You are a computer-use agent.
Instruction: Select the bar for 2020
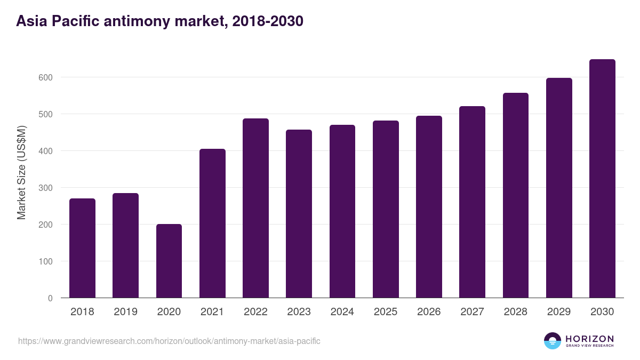pyautogui.click(x=169, y=261)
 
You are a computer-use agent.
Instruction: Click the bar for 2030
pyautogui.click(x=602, y=179)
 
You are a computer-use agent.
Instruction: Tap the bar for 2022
pyautogui.click(x=255, y=208)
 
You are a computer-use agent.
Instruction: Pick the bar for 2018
pyautogui.click(x=82, y=248)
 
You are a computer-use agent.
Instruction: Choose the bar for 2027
pyautogui.click(x=472, y=202)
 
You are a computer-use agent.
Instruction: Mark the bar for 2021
pyautogui.click(x=212, y=223)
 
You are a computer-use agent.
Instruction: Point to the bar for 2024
pyautogui.click(x=342, y=211)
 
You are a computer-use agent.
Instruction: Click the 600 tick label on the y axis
pyautogui.click(x=45, y=77)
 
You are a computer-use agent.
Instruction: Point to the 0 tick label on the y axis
pyautogui.click(x=50, y=298)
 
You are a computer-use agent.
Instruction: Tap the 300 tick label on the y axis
pyautogui.click(x=45, y=188)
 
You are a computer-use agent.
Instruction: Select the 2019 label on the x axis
pyautogui.click(x=125, y=312)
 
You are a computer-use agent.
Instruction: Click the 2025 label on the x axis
pyautogui.click(x=386, y=312)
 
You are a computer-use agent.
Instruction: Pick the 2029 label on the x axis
pyautogui.click(x=559, y=312)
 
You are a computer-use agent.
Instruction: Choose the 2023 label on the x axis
pyautogui.click(x=299, y=312)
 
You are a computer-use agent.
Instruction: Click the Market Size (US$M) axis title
pyautogui.click(x=21, y=173)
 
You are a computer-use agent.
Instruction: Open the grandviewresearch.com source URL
pyautogui.click(x=169, y=341)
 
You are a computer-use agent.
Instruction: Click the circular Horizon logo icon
pyautogui.click(x=553, y=341)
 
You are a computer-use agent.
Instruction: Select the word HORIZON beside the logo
pyautogui.click(x=589, y=339)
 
